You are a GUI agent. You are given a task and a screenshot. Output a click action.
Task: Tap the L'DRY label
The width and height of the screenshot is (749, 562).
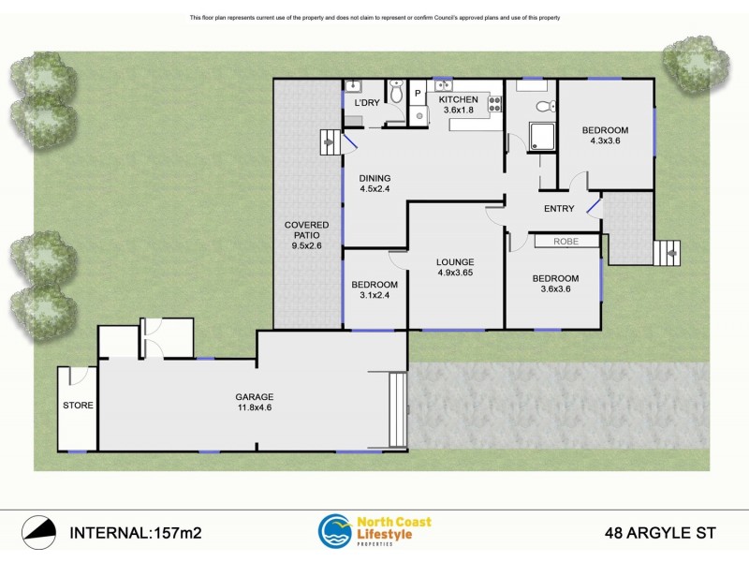coord(364,101)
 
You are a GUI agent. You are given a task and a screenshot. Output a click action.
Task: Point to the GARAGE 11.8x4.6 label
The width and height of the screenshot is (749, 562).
coord(253,402)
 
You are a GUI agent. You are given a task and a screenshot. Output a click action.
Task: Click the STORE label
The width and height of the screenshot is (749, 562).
coord(77,406)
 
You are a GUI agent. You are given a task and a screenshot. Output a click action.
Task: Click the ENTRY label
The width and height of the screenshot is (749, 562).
coord(559,209)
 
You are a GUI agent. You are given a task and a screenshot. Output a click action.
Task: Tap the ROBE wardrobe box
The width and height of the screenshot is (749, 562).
coord(566,242)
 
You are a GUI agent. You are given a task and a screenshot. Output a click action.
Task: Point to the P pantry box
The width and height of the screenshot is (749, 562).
coord(418,94)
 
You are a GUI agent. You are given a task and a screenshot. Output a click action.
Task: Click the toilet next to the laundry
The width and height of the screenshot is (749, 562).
coord(396,93)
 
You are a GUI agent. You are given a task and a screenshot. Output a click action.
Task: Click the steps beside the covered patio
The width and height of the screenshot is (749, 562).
coord(330,143)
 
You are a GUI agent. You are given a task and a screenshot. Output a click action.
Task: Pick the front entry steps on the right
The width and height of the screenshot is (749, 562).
coord(667,252)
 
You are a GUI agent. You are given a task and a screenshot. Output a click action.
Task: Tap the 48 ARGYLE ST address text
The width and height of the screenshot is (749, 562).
coord(659,533)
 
